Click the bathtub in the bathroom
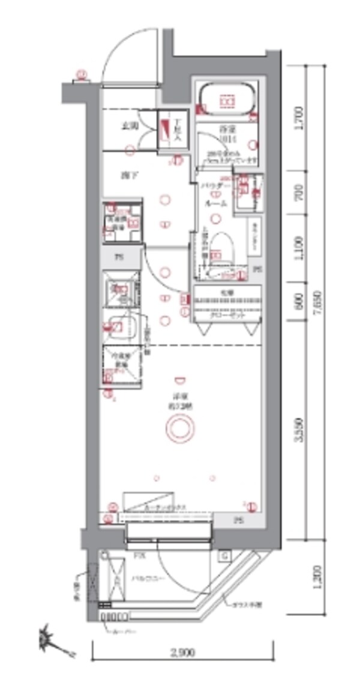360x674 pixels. [x=227, y=101]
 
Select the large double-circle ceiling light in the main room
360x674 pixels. [x=178, y=428]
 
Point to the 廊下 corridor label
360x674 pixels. [x=125, y=176]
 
